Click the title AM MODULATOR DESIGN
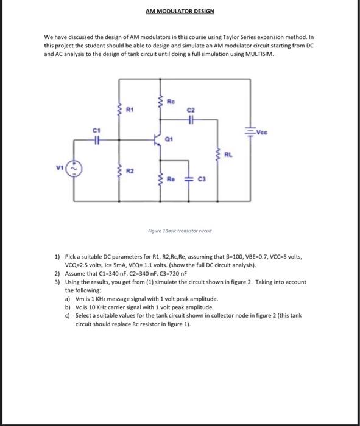[180, 11]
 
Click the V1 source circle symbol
[75, 168]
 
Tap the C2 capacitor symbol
[191, 120]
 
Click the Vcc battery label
[262, 131]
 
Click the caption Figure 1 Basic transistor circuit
[180, 231]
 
